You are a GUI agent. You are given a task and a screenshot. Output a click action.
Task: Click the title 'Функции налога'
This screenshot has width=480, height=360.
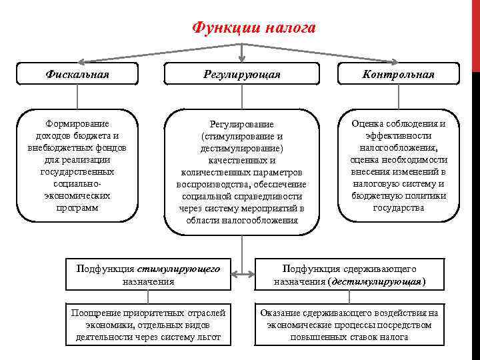(253, 28)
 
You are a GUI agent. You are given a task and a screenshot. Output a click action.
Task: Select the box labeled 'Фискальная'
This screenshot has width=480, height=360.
(78, 74)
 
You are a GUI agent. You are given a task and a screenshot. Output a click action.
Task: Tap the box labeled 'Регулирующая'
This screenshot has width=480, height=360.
(241, 74)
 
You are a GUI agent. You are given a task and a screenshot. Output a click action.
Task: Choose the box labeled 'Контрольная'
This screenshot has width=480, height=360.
(398, 74)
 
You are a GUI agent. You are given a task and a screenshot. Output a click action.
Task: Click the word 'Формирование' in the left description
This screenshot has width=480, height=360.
(78, 123)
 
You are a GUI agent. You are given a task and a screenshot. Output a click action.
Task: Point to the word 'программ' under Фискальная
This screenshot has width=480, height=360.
(78, 207)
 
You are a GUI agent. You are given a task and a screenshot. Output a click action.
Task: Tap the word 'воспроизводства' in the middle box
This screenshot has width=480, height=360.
(214, 184)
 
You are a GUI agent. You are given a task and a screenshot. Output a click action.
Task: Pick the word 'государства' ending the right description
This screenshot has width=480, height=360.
(398, 207)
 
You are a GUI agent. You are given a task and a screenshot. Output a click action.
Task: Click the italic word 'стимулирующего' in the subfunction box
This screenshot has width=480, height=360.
(179, 269)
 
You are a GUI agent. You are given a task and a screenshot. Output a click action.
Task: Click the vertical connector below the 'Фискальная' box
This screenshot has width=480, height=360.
(78, 97)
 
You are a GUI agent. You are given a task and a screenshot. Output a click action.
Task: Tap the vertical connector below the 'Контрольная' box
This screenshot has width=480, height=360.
(398, 97)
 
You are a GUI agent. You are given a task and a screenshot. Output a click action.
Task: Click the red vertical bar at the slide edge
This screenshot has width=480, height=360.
(476, 33)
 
